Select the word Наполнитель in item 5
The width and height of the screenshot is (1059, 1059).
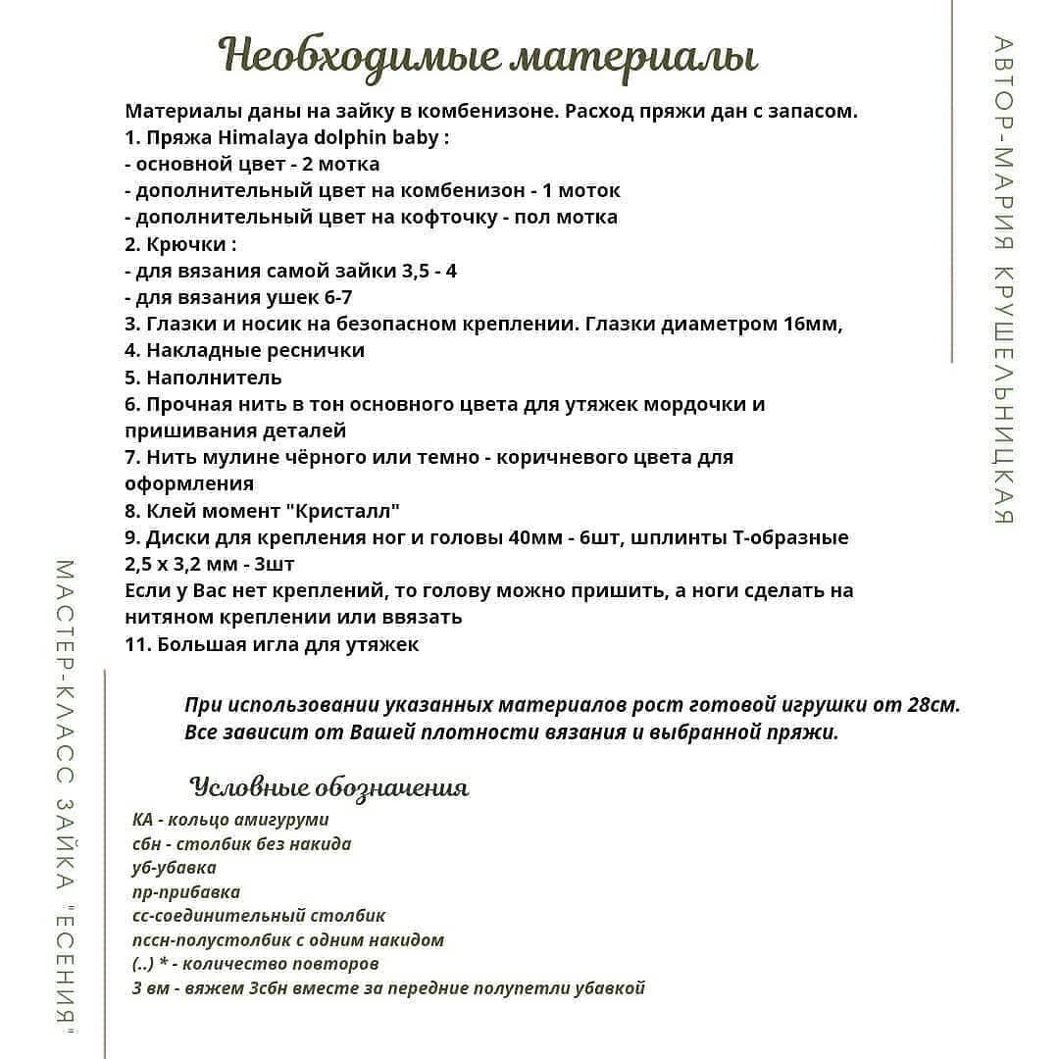tap(214, 378)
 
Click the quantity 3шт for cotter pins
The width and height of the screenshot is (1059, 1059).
tap(275, 565)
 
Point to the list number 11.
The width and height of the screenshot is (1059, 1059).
tap(136, 644)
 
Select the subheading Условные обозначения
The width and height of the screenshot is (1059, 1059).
tap(329, 787)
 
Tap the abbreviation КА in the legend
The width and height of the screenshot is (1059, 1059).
tap(142, 820)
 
